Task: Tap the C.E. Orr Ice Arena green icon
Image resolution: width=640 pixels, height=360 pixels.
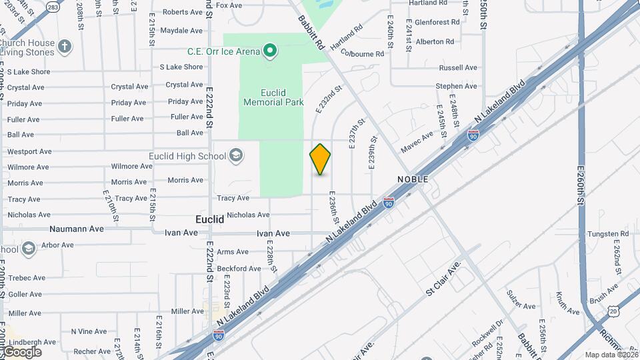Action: (270, 51)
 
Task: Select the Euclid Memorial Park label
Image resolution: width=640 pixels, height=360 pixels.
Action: (273, 97)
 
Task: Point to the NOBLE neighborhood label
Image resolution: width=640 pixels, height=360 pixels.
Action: (413, 180)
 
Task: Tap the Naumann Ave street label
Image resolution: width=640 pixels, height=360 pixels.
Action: (77, 229)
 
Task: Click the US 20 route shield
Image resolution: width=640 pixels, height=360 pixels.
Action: (614, 311)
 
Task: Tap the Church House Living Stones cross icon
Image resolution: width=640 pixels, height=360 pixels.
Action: (64, 47)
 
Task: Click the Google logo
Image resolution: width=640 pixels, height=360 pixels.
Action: (21, 352)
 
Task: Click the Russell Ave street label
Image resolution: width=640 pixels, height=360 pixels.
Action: (458, 68)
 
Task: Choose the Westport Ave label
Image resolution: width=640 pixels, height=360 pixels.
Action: (29, 152)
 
